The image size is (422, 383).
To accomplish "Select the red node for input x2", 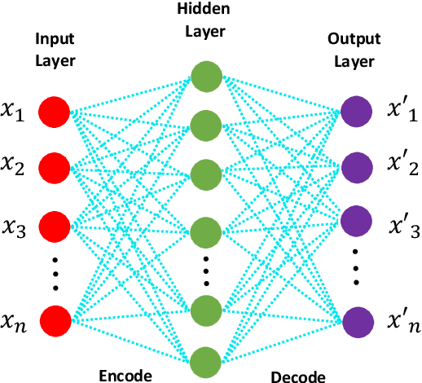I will tap(55, 168).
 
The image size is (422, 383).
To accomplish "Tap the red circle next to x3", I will tap(55, 224).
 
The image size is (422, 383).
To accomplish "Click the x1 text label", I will tap(15, 111).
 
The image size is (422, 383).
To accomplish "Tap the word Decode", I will tap(298, 376).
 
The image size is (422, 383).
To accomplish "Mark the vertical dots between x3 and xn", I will tap(55, 272).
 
